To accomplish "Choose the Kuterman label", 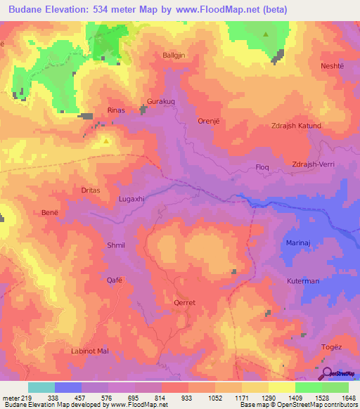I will [x=303, y=281].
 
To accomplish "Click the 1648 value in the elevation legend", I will [x=349, y=397].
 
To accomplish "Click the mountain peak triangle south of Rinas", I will [x=105, y=140].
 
